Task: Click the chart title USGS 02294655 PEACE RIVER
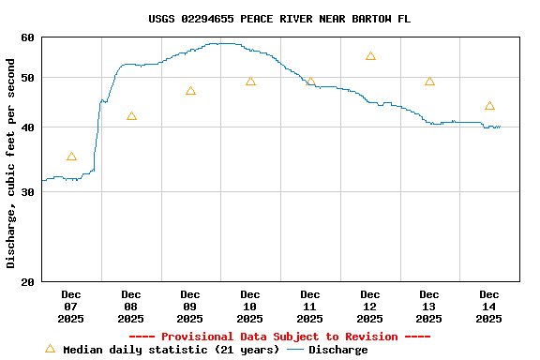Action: click(x=278, y=19)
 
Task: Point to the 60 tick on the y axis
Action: click(x=26, y=37)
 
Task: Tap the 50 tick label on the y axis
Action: click(x=26, y=78)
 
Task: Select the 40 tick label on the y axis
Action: click(x=26, y=127)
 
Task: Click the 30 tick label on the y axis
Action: click(x=26, y=192)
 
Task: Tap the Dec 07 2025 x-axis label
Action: click(x=71, y=307)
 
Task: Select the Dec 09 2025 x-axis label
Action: click(x=190, y=307)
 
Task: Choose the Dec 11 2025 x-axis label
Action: click(x=309, y=307)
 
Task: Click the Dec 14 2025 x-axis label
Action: click(x=488, y=307)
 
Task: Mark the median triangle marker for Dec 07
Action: click(x=71, y=157)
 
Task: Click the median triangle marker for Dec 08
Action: click(x=131, y=116)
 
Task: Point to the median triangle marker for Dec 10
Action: click(x=250, y=82)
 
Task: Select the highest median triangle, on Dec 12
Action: click(x=370, y=56)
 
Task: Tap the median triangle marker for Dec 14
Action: click(x=489, y=106)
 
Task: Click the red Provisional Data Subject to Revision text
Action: click(x=278, y=337)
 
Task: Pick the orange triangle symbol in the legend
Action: click(x=50, y=349)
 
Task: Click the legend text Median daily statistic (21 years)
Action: click(x=171, y=350)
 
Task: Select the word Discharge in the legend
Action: click(x=337, y=350)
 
